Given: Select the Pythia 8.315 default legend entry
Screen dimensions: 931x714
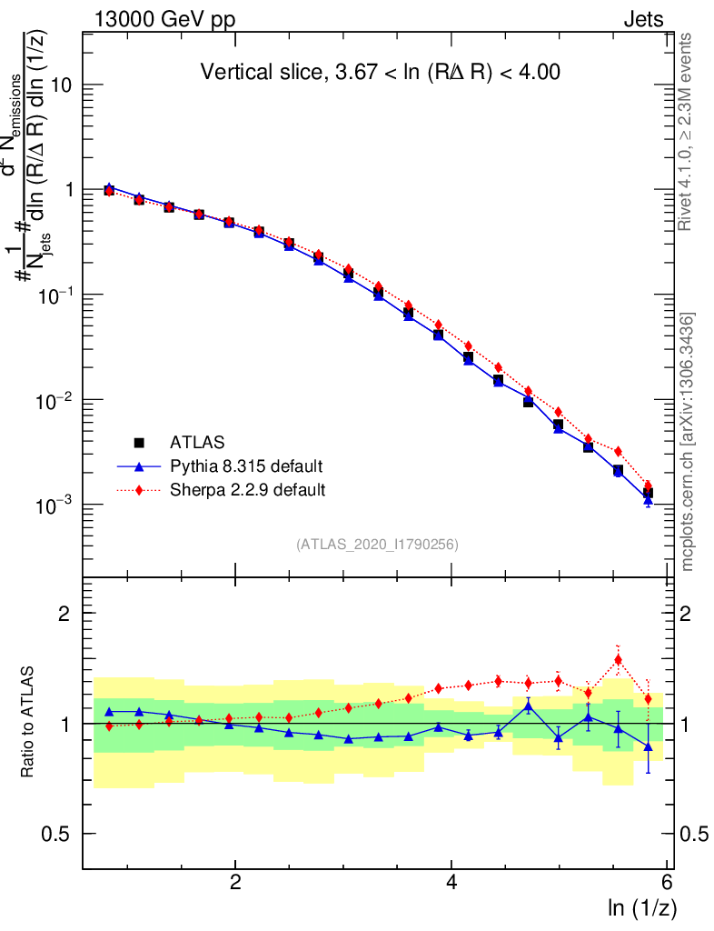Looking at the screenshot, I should click(x=246, y=466).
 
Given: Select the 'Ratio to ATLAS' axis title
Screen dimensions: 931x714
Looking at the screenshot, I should click(x=29, y=723).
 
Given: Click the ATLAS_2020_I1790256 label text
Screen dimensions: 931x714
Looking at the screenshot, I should click(x=376, y=546).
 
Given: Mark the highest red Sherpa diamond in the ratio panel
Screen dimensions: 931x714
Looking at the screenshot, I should click(x=618, y=660).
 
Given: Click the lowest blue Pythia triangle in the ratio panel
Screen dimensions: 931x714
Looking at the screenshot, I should click(x=648, y=747).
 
